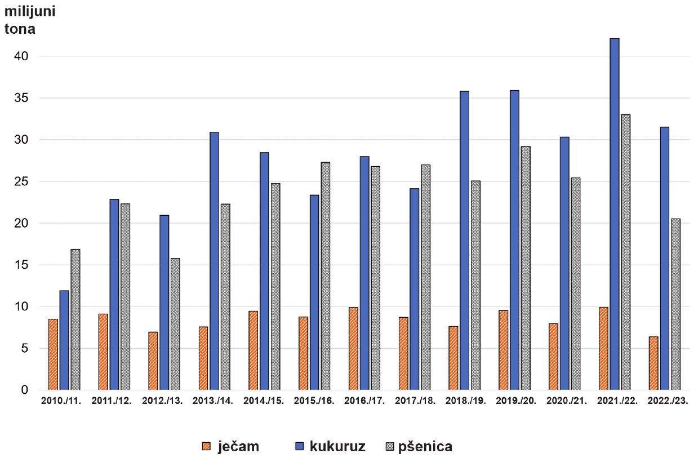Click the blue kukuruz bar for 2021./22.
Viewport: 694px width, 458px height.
click(x=615, y=214)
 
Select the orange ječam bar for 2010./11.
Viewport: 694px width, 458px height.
click(x=53, y=354)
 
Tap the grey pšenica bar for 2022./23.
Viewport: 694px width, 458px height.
click(x=676, y=304)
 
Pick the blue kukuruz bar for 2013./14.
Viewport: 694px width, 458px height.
click(x=214, y=261)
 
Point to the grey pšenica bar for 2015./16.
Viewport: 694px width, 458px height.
click(x=326, y=276)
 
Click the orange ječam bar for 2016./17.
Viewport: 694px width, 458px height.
click(x=353, y=349)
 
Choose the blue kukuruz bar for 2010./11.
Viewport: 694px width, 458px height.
click(x=64, y=340)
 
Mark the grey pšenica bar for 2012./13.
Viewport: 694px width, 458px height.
click(x=175, y=324)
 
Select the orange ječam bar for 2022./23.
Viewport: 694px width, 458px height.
click(x=653, y=363)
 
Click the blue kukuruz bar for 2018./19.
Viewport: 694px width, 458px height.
click(x=464, y=241)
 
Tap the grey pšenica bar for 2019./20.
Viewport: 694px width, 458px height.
click(x=526, y=268)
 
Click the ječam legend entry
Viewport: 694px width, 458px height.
click(x=230, y=447)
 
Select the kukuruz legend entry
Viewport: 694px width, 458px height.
click(x=330, y=447)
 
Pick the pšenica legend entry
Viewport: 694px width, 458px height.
click(x=419, y=447)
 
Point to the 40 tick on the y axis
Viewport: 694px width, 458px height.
click(x=21, y=56)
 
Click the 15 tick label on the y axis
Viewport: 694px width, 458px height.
click(x=21, y=265)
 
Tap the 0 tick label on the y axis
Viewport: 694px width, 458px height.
click(x=25, y=390)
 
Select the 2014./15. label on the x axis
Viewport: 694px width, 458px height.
click(x=264, y=401)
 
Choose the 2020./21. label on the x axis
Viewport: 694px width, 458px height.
click(x=567, y=401)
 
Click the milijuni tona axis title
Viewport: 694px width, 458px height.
click(x=30, y=20)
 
